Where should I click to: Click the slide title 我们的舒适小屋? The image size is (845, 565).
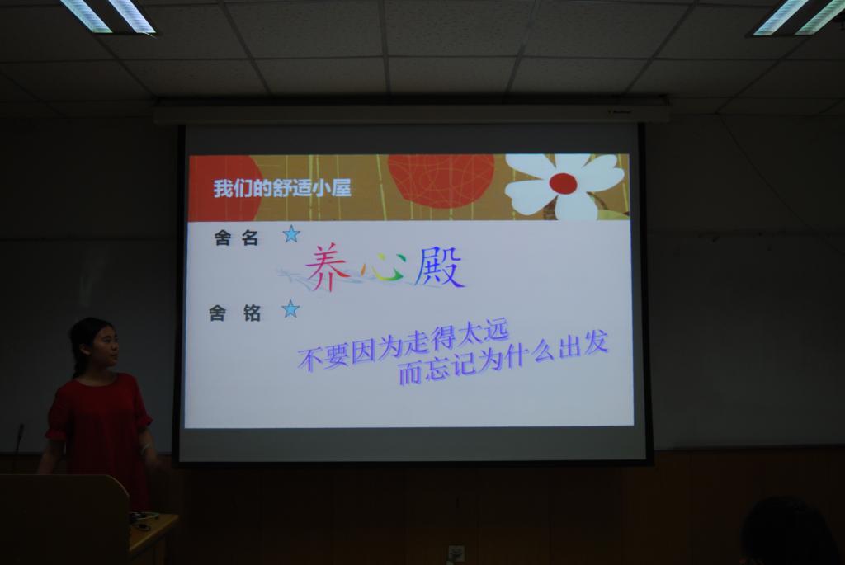[282, 187]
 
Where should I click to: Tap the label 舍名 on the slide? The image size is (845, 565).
[236, 238]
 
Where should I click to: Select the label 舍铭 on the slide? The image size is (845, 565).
[235, 313]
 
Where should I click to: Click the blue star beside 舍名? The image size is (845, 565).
[291, 234]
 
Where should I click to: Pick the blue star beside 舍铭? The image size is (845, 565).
[290, 309]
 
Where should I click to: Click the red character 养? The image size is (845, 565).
[326, 267]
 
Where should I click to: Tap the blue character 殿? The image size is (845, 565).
[439, 266]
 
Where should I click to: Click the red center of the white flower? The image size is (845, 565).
[563, 183]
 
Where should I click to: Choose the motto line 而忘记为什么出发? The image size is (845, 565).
[503, 358]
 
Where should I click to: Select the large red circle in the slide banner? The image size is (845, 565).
[441, 181]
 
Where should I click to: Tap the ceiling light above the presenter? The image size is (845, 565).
[108, 15]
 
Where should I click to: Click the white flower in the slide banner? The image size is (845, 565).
[563, 186]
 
